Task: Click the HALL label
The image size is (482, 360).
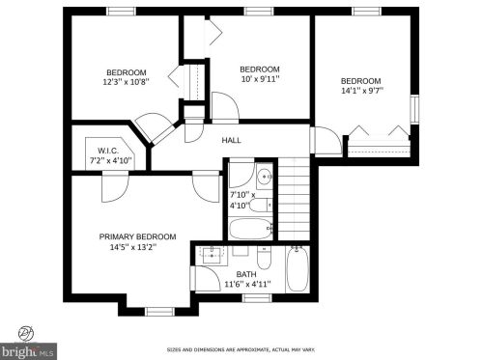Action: pyautogui.click(x=231, y=140)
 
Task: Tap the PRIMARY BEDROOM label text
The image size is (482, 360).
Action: pyautogui.click(x=137, y=236)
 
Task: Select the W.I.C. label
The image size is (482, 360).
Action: pyautogui.click(x=108, y=151)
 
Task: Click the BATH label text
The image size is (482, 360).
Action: pyautogui.click(x=246, y=274)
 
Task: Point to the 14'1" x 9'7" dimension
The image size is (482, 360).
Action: pyautogui.click(x=362, y=91)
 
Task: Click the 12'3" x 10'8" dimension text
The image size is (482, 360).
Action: pyautogui.click(x=127, y=82)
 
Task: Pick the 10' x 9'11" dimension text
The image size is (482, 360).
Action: pyautogui.click(x=260, y=79)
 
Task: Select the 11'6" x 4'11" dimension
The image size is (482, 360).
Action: pyautogui.click(x=247, y=285)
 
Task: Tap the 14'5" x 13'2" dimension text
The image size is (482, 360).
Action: pyautogui.click(x=133, y=247)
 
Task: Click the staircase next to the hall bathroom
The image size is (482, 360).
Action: pyautogui.click(x=294, y=199)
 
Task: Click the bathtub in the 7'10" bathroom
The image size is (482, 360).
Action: pyautogui.click(x=251, y=229)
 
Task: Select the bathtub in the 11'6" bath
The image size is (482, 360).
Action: pyautogui.click(x=298, y=268)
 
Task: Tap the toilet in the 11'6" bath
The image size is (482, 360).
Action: pyautogui.click(x=265, y=258)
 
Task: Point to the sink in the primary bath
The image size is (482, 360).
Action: pyautogui.click(x=213, y=253)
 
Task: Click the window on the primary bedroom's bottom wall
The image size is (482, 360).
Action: pyautogui.click(x=159, y=312)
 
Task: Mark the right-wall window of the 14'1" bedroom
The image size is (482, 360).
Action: pyautogui.click(x=414, y=109)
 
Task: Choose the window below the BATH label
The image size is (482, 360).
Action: pyautogui.click(x=257, y=298)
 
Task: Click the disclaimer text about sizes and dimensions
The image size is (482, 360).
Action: pyautogui.click(x=241, y=349)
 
